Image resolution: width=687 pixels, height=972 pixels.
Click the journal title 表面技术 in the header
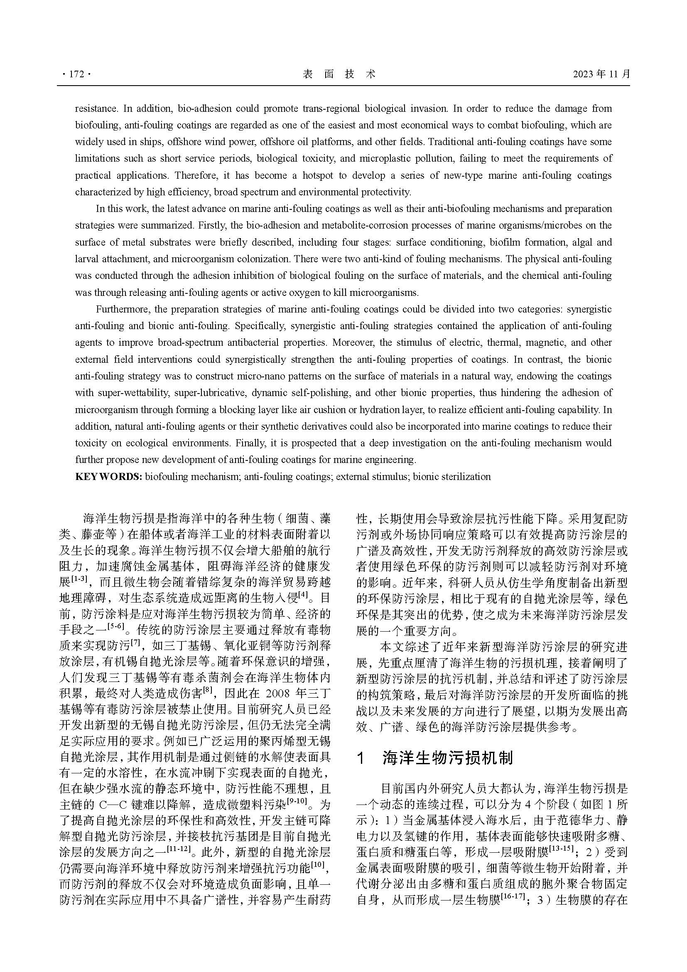339,74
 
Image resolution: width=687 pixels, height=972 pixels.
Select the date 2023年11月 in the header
601,74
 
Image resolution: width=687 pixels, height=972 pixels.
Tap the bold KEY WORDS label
108,477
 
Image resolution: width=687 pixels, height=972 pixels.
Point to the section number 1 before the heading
361,758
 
